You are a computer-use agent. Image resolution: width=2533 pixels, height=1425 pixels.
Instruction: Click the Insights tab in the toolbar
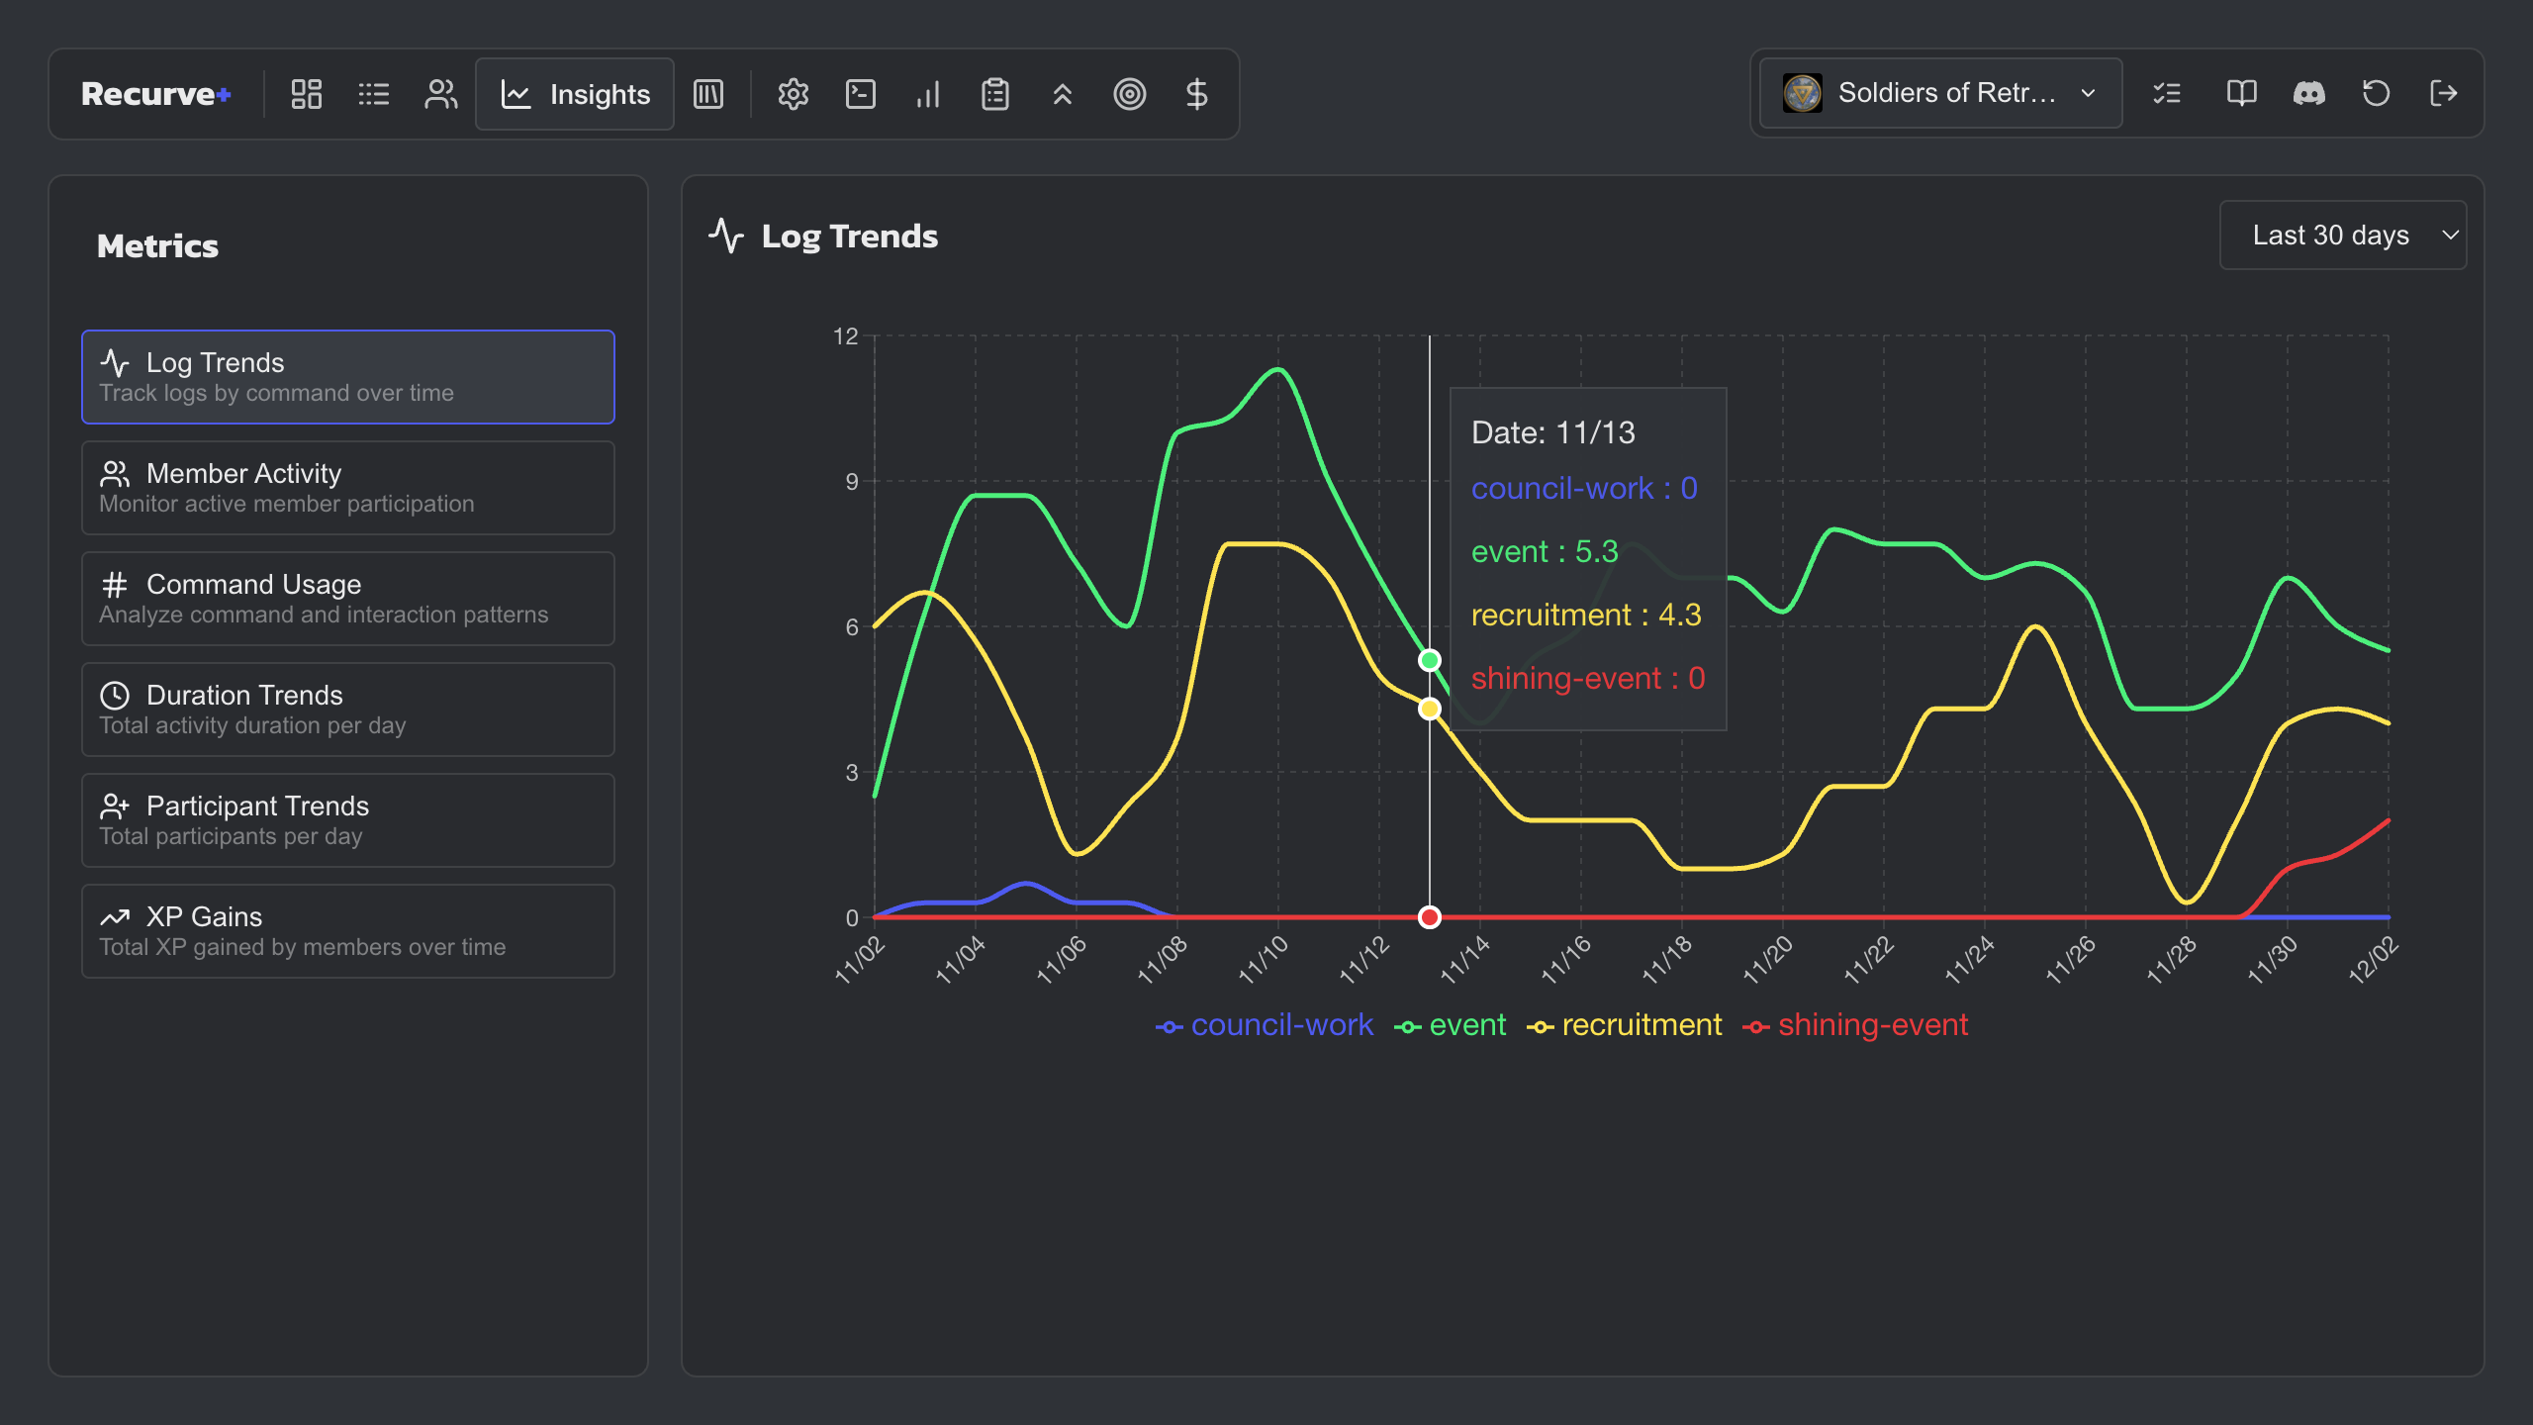pos(575,94)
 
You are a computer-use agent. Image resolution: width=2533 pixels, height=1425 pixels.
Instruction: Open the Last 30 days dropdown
pos(2342,236)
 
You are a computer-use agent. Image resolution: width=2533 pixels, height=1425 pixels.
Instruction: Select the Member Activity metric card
pos(347,488)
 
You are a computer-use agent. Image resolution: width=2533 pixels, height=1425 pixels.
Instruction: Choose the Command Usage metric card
pos(347,599)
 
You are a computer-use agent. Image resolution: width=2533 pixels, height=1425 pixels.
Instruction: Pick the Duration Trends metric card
pos(347,710)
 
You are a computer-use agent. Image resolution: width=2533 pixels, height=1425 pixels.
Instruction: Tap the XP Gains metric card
pos(347,931)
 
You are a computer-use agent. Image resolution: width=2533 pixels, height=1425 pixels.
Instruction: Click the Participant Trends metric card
pos(347,820)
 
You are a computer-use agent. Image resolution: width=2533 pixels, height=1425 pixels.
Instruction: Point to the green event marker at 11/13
pos(1429,660)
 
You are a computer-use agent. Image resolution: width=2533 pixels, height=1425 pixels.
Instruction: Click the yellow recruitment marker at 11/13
pos(1429,709)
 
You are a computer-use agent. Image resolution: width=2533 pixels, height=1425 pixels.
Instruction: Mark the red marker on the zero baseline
pos(1429,917)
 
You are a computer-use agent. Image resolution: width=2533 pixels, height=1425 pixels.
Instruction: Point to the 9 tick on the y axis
pos(851,482)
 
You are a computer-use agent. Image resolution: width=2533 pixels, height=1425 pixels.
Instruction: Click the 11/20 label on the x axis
pos(1767,958)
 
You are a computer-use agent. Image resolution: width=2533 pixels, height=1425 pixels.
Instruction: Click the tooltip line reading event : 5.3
pos(1544,551)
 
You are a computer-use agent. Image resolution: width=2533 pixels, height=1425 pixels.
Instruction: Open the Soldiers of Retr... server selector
pos(1940,93)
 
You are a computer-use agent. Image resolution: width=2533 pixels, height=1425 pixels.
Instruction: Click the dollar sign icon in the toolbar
pos(1196,94)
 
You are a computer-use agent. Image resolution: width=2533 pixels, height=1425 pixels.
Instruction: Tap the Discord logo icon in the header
pos(2308,93)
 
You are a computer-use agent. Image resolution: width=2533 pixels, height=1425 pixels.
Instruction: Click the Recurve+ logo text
pos(156,94)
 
